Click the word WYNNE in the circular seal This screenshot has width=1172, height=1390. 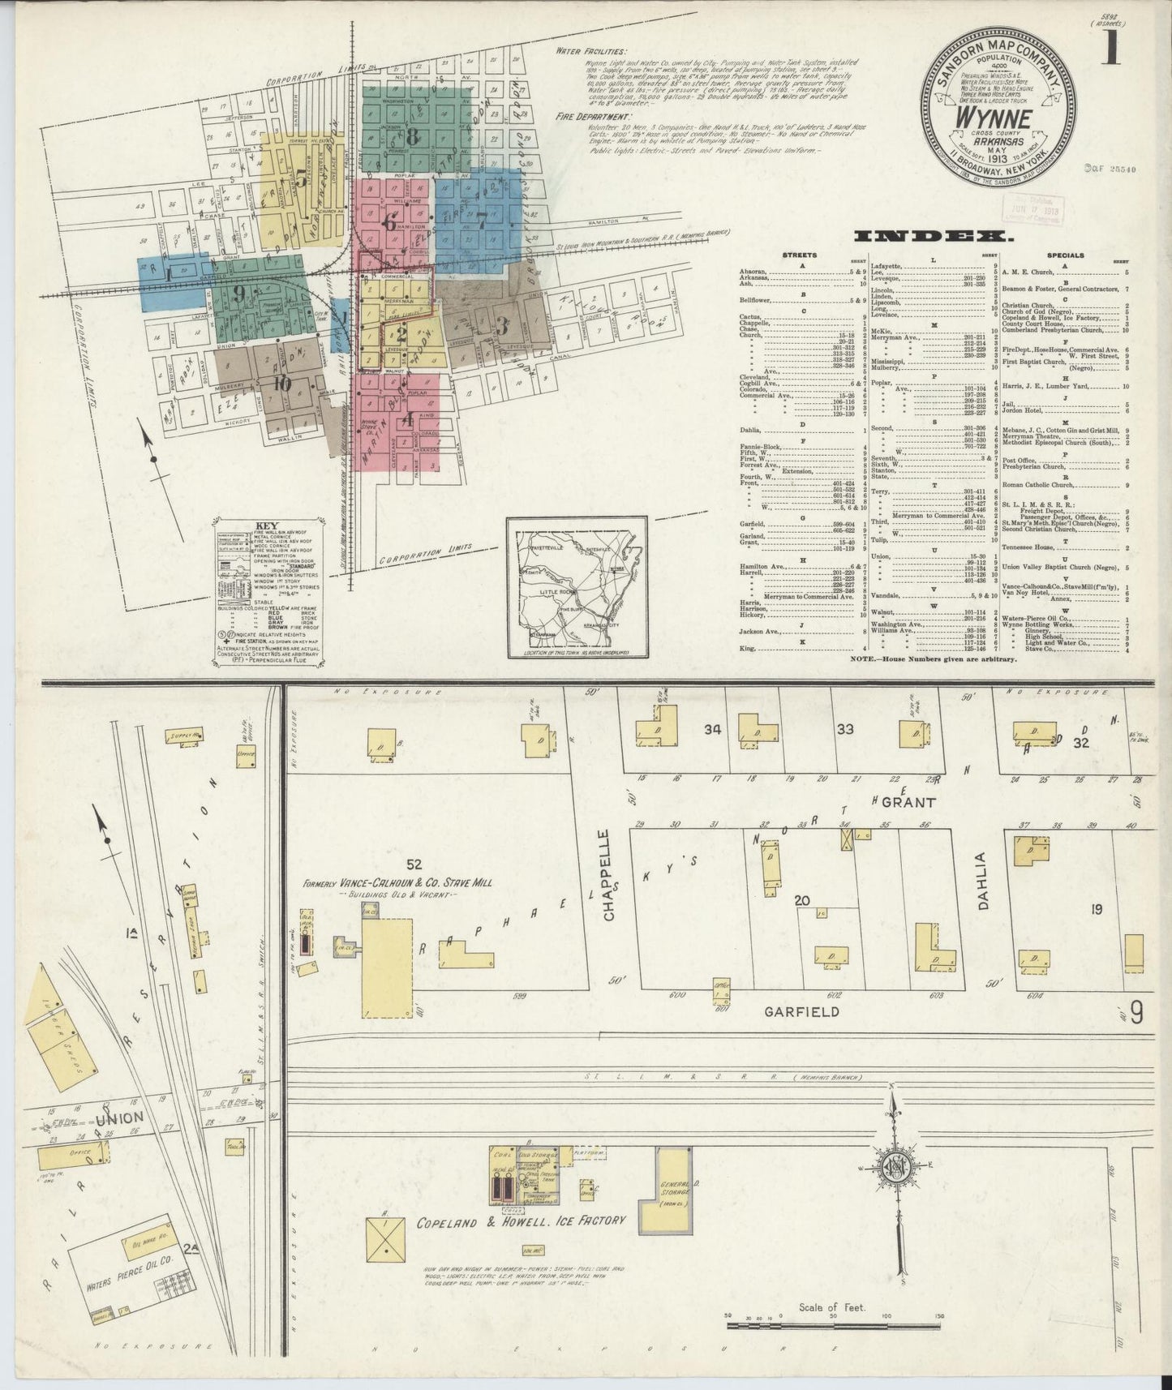(997, 118)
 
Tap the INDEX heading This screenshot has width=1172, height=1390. (930, 237)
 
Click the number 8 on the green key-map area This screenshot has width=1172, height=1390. (411, 136)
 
